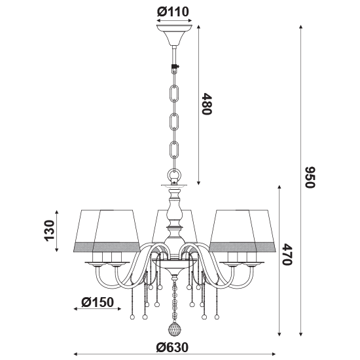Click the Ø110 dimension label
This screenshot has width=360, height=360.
click(173, 12)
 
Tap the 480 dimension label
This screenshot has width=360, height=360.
click(206, 104)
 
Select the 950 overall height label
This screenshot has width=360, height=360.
click(310, 177)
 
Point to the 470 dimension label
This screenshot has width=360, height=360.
click(287, 255)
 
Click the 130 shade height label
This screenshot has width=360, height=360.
click(49, 230)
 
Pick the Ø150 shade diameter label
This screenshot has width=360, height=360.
click(98, 302)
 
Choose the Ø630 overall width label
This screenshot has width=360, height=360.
click(172, 348)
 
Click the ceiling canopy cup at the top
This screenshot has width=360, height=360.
click(175, 35)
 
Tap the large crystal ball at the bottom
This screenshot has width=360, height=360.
click(175, 329)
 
